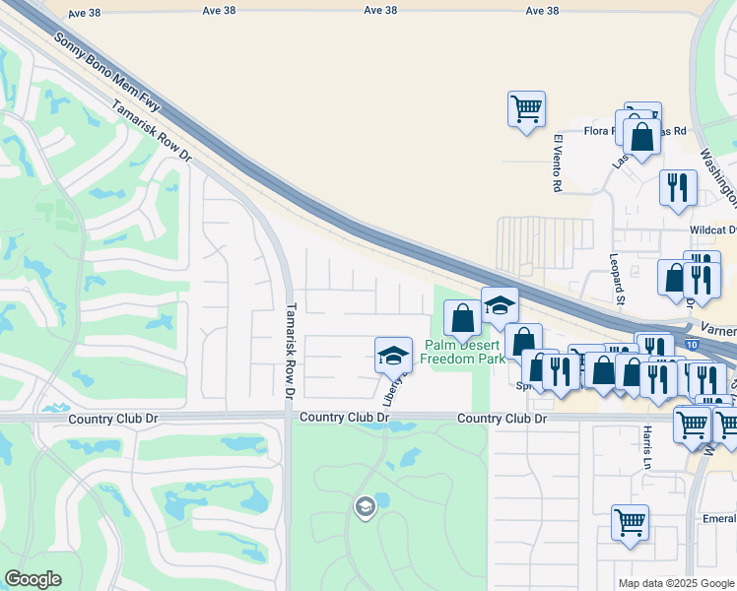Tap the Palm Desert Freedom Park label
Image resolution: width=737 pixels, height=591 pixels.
click(x=464, y=352)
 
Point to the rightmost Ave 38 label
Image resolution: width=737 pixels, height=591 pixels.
click(x=542, y=11)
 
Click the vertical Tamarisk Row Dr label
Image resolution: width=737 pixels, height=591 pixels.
click(x=290, y=350)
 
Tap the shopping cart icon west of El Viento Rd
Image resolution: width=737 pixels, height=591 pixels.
click(x=526, y=108)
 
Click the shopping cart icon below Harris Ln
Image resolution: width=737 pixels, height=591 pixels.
click(x=630, y=522)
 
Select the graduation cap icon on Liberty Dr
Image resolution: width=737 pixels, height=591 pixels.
click(x=393, y=355)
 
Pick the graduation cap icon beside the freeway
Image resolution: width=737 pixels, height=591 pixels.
click(x=500, y=305)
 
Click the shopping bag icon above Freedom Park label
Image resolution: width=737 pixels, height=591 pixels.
click(x=462, y=318)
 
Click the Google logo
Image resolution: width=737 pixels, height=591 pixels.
click(x=33, y=579)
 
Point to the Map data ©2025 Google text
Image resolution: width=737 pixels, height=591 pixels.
click(x=675, y=583)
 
